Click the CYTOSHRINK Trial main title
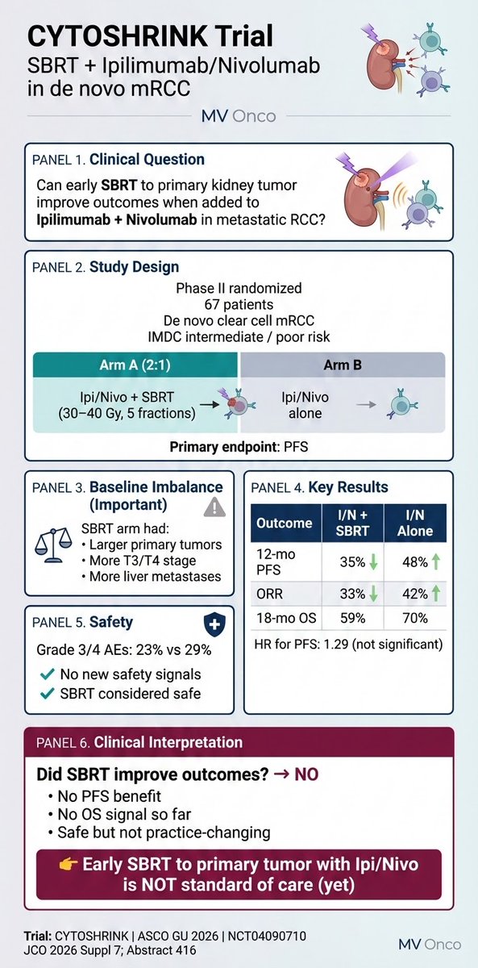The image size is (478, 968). tap(152, 35)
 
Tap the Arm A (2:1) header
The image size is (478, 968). tap(135, 364)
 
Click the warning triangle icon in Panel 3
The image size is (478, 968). tap(214, 506)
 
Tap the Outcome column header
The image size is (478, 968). tap(283, 523)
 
